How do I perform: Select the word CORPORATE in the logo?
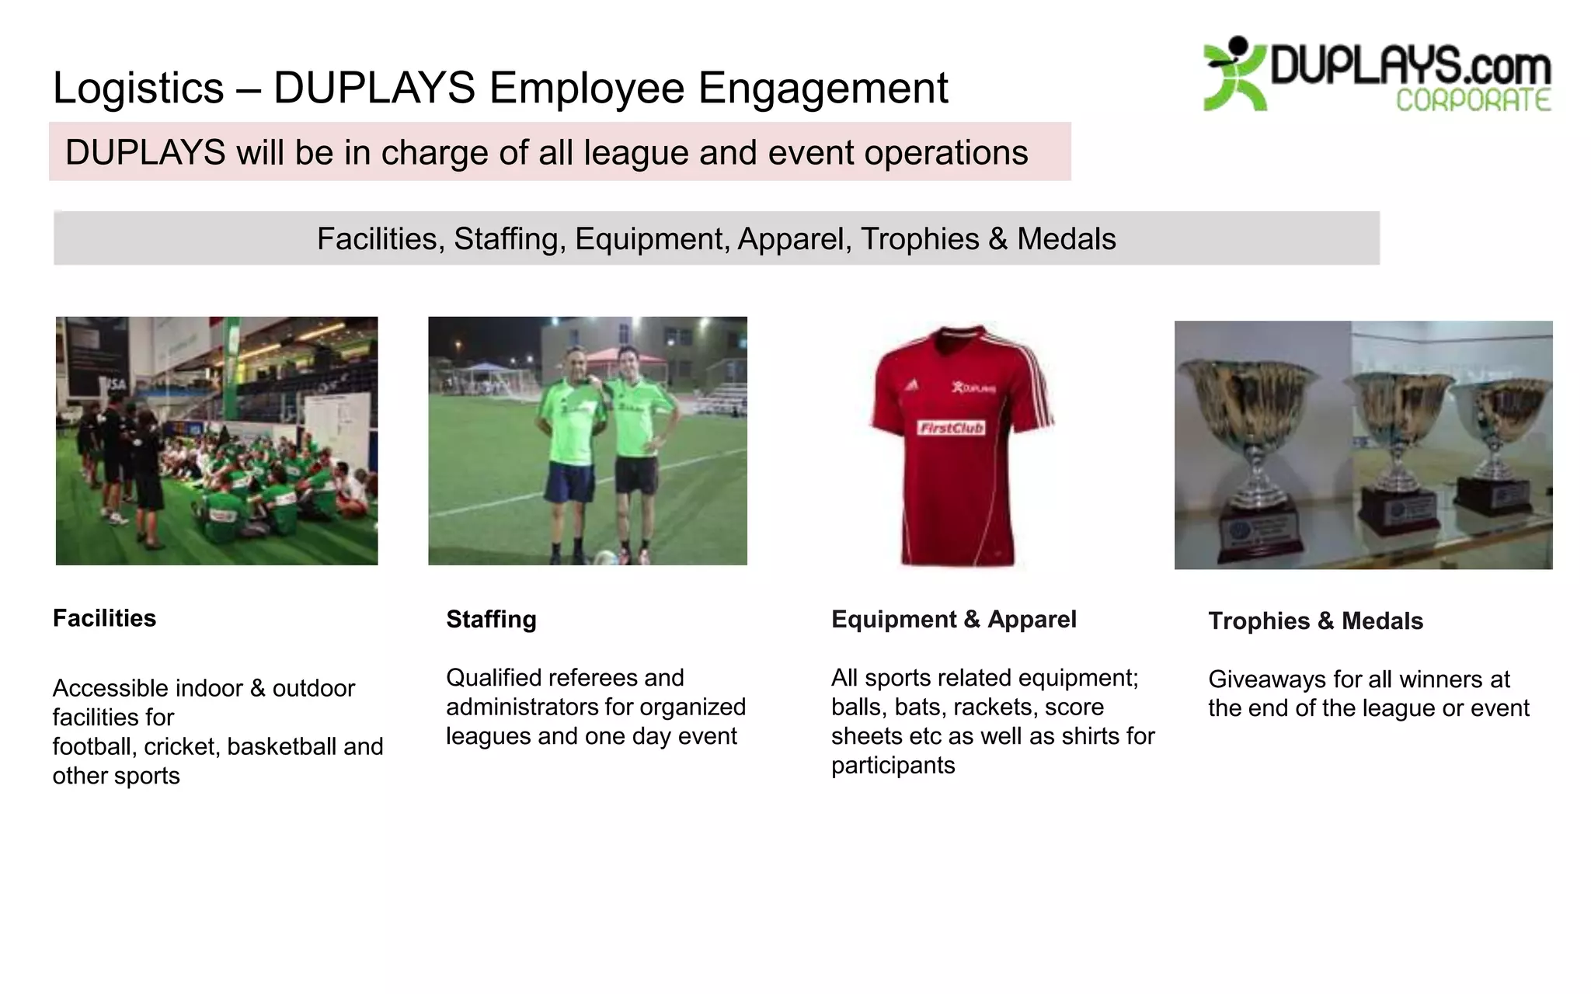click(x=1473, y=101)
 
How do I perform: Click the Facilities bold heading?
click(x=104, y=618)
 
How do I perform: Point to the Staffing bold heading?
click(x=491, y=619)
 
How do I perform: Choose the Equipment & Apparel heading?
click(x=953, y=619)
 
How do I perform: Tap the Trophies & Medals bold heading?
click(x=1315, y=621)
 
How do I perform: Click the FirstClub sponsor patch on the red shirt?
click(x=951, y=428)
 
